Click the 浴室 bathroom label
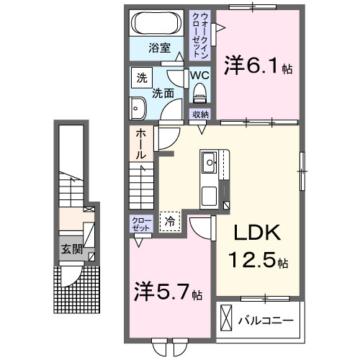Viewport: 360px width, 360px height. [x=159, y=49]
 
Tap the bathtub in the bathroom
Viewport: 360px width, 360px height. [x=158, y=24]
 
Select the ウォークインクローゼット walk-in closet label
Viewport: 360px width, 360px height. [x=199, y=34]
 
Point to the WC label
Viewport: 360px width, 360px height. [x=199, y=73]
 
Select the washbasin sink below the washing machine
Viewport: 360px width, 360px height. [x=138, y=109]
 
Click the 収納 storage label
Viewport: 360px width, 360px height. [x=199, y=114]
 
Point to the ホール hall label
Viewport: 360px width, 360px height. [x=140, y=144]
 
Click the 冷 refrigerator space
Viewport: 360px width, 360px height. [x=171, y=222]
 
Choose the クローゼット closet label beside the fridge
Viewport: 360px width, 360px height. [x=140, y=224]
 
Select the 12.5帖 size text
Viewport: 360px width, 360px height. [x=258, y=261]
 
